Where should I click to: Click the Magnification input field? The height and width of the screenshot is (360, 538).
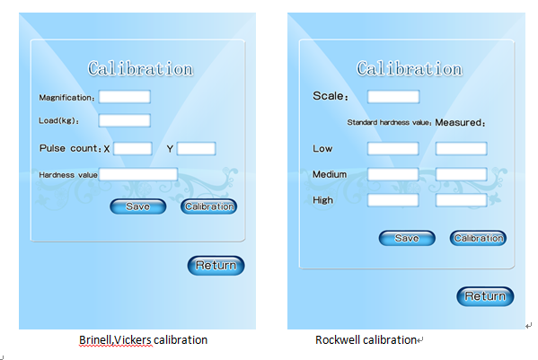(125, 97)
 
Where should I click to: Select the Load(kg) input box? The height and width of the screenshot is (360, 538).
(125, 120)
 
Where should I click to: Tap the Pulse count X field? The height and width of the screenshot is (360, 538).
(133, 148)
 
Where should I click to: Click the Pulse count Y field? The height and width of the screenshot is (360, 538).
(197, 148)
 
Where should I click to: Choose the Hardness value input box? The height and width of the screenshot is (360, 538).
(138, 174)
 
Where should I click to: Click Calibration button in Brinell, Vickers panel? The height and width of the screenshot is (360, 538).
(209, 206)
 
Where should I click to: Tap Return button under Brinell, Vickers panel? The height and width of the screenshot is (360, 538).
(216, 266)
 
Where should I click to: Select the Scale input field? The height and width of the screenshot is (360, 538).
(393, 97)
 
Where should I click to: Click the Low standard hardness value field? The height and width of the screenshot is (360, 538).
(393, 148)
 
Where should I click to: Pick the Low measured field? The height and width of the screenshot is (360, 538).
(461, 148)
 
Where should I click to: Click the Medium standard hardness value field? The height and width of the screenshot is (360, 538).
(393, 174)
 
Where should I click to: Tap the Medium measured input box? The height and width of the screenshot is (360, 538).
(461, 174)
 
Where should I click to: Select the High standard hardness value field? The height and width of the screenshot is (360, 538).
(393, 200)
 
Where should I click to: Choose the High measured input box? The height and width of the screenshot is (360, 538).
(461, 200)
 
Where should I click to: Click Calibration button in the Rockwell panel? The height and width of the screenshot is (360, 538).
(478, 238)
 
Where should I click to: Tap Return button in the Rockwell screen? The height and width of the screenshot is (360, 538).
(485, 296)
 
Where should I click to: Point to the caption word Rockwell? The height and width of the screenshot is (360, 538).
(338, 339)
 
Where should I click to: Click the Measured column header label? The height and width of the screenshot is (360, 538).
(460, 122)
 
